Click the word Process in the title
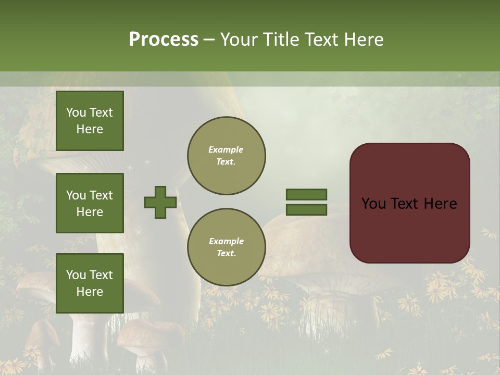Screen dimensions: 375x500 [x=164, y=39]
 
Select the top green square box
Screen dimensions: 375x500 [x=90, y=121]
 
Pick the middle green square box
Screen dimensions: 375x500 [x=90, y=203]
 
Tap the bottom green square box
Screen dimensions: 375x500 [x=90, y=283]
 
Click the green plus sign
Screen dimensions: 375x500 [x=160, y=202]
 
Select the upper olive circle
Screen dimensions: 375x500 [x=227, y=156]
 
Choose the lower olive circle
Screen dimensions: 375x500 [x=227, y=247]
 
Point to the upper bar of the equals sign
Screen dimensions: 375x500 [x=306, y=194]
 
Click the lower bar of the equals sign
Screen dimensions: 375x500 [x=306, y=209]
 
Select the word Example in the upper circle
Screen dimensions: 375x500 [x=226, y=149]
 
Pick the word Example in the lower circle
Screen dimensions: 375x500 [x=226, y=241]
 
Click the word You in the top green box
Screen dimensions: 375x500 [x=76, y=113]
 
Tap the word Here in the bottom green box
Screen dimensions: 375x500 [x=90, y=292]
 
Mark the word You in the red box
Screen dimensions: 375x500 [x=373, y=204]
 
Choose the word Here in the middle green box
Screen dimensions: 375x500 [x=90, y=212]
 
